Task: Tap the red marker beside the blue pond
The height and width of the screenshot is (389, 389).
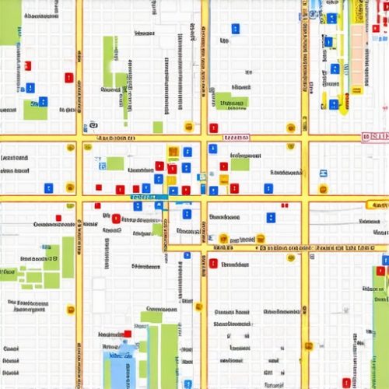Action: [127, 335]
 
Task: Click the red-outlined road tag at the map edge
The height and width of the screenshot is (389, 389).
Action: [374, 137]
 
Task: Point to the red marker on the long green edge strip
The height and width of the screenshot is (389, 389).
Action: [380, 272]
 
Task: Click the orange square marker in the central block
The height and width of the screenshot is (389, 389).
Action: [173, 152]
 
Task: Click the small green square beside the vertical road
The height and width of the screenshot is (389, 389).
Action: [158, 126]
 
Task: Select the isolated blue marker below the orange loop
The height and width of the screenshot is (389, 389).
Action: [187, 254]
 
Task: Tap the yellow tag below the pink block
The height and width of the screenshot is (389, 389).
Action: [357, 90]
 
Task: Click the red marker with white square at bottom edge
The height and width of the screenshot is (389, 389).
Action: [347, 382]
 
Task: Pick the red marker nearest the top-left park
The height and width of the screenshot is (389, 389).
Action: [27, 67]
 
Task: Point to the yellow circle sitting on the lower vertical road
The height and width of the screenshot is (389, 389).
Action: [198, 307]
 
